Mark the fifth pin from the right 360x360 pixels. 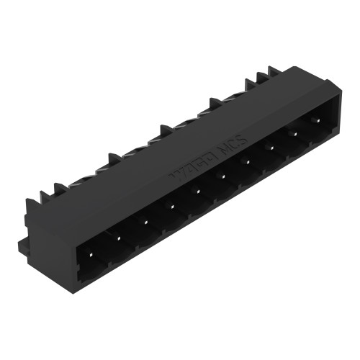222,176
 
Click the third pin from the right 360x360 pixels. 270,146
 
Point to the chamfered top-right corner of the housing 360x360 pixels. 338,90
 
